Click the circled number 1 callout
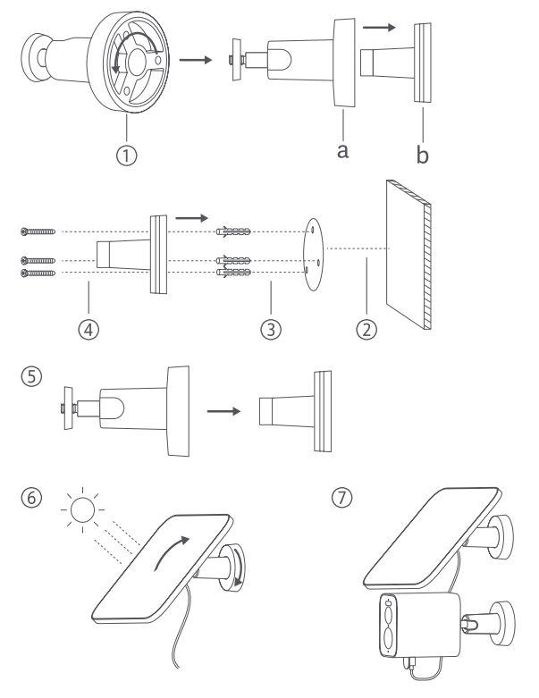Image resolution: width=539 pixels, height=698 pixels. tap(131, 155)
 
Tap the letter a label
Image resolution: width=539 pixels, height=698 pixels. tap(341, 150)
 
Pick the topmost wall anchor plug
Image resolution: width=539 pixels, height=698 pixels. tap(234, 231)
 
